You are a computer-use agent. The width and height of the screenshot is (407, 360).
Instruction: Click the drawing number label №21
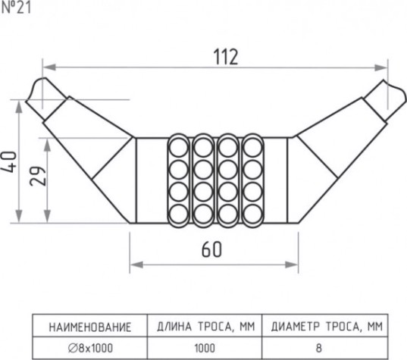(16, 8)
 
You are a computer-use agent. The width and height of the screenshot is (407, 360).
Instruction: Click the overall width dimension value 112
(226, 57)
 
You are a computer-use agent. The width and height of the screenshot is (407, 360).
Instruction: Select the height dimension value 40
(9, 162)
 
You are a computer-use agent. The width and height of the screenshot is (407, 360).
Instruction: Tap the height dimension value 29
(38, 176)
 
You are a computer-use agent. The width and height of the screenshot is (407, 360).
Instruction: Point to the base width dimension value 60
(211, 249)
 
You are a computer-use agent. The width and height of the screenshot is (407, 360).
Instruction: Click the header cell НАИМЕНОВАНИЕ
(89, 327)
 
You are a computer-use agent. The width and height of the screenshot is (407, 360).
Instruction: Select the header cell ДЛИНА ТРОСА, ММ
(205, 327)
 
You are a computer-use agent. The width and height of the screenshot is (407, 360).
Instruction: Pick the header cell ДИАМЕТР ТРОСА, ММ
(327, 327)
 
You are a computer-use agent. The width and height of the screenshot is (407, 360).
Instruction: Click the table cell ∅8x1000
(90, 348)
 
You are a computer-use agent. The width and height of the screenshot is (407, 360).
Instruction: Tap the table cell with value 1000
(205, 348)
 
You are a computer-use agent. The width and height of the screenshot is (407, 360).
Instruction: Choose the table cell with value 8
(319, 348)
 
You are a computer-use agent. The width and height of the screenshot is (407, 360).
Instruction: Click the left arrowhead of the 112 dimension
(49, 67)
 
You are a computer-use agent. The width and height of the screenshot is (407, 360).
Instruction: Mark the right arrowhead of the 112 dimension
(381, 67)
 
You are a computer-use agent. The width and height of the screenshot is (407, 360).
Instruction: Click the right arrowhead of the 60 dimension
(292, 265)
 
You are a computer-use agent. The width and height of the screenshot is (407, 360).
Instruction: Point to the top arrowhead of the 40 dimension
(19, 107)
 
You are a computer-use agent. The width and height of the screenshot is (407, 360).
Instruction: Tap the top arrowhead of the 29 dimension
(47, 145)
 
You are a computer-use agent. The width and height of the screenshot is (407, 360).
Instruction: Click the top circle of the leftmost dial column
(179, 148)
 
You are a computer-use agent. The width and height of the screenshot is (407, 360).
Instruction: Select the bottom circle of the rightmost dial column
(252, 214)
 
